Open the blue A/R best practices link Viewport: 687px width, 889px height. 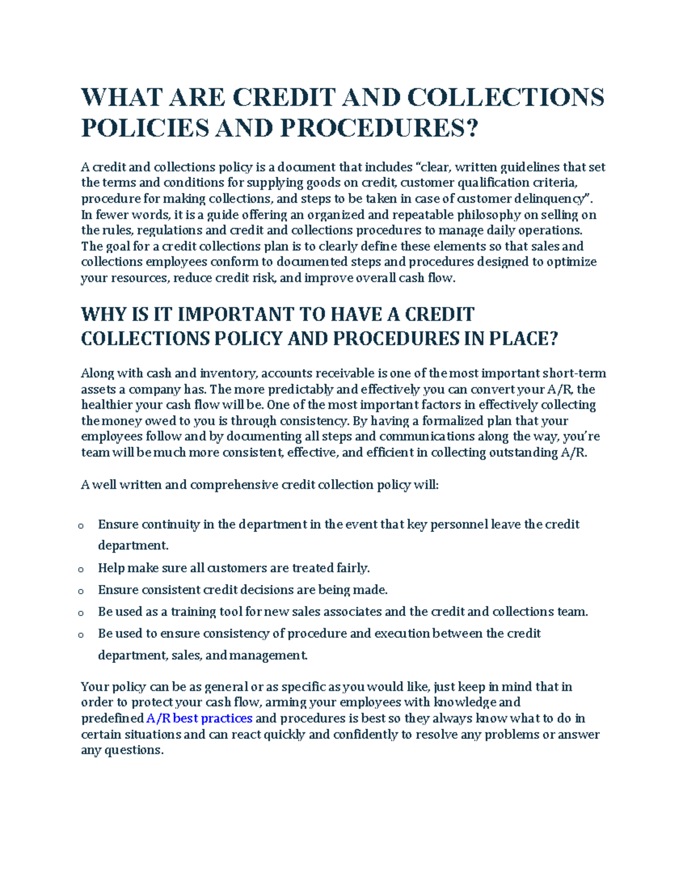pos(199,718)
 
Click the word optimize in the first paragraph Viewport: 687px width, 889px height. pos(571,262)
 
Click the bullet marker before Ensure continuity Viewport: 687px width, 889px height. pos(81,526)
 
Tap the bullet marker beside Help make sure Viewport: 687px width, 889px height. pos(81,569)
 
